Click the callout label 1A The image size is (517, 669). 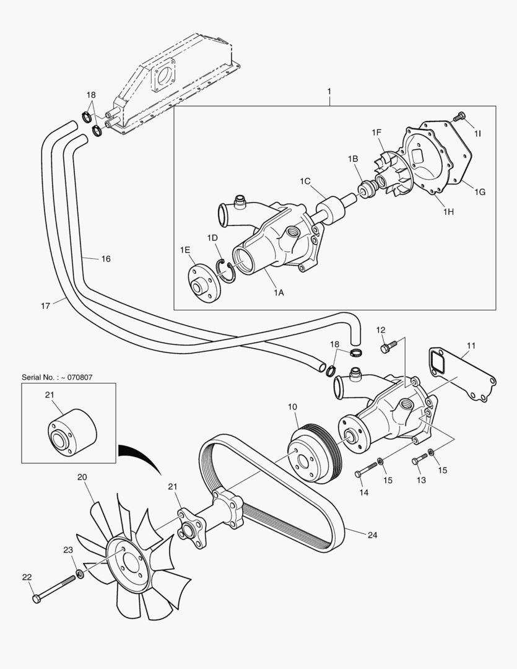279,293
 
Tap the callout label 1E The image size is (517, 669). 185,250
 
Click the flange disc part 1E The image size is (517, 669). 202,285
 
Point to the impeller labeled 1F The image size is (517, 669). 389,174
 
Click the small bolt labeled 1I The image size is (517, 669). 459,116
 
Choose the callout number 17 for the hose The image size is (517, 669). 45,305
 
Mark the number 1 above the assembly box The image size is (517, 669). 329,91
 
